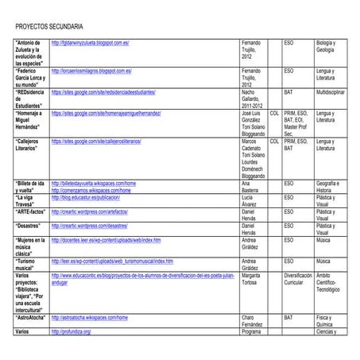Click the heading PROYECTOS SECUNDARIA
coord(49,26)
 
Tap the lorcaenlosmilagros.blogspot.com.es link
coord(95,71)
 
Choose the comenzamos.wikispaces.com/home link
coord(91,190)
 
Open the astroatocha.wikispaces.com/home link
coord(89,317)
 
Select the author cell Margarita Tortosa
coord(254,278)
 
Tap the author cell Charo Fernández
coord(253,320)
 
